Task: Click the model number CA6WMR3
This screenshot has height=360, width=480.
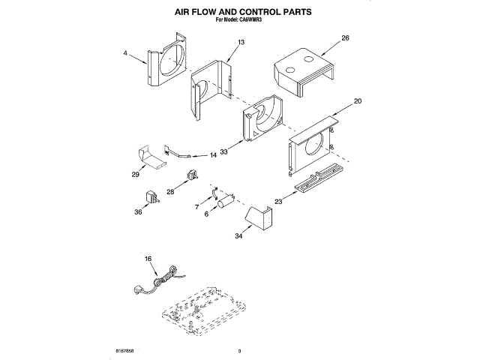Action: pos(255,22)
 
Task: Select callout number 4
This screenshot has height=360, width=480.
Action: pos(125,53)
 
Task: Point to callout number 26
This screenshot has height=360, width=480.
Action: pos(345,37)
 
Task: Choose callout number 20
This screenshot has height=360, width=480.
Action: pos(357,101)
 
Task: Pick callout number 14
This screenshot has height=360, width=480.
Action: pos(213,155)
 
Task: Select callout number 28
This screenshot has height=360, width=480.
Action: pos(170,192)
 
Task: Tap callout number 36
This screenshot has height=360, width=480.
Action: pos(137,211)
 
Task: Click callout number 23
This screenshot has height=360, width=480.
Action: pos(278,200)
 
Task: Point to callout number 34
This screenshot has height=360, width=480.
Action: pos(238,237)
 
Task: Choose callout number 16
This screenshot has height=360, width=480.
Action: pos(148,259)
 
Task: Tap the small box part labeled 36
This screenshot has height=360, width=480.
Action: pos(150,196)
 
